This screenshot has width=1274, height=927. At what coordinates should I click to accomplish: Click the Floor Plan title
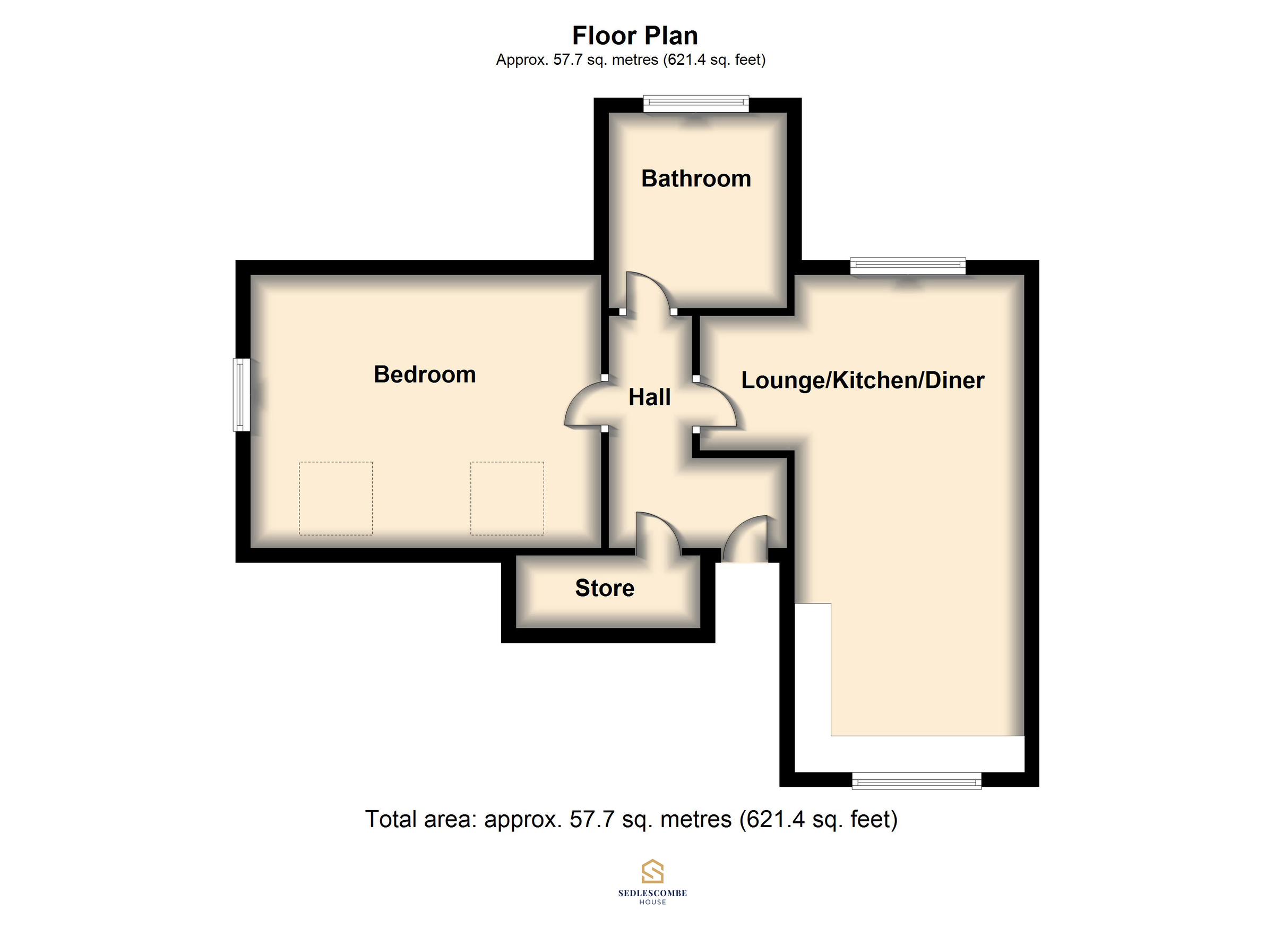tap(635, 36)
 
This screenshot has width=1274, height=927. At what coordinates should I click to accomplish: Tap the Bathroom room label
tap(696, 179)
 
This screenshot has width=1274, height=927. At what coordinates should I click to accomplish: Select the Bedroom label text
tap(425, 375)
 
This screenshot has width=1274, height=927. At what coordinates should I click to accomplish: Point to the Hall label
tap(649, 397)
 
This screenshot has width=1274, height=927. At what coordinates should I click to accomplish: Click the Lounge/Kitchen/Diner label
tap(862, 380)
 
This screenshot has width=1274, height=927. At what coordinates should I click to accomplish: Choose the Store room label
tap(605, 588)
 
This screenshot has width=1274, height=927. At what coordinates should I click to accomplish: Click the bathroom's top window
tap(696, 104)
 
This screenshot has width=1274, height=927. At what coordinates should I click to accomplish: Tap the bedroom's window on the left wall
tap(242, 395)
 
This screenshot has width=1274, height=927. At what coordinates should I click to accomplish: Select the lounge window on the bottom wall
tap(916, 781)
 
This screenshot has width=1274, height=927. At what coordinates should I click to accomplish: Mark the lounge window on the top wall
tap(908, 266)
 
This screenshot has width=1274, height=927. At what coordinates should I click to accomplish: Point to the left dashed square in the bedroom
tap(335, 498)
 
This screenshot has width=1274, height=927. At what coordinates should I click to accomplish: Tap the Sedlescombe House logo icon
tap(652, 872)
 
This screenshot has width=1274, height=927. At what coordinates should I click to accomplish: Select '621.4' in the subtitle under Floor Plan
tap(686, 59)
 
